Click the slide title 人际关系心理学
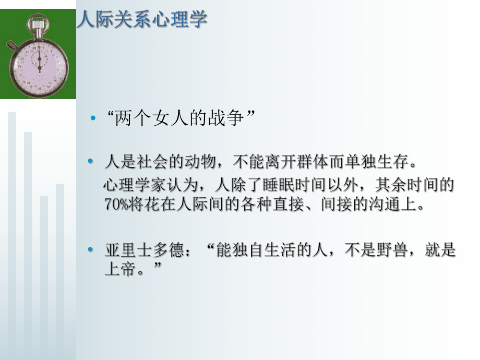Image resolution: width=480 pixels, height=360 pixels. tap(142, 19)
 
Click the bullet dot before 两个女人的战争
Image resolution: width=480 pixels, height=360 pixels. tap(93, 119)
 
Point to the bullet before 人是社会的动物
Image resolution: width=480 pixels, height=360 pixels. tap(92, 163)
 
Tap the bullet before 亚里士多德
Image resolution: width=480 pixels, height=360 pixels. tap(92, 251)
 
